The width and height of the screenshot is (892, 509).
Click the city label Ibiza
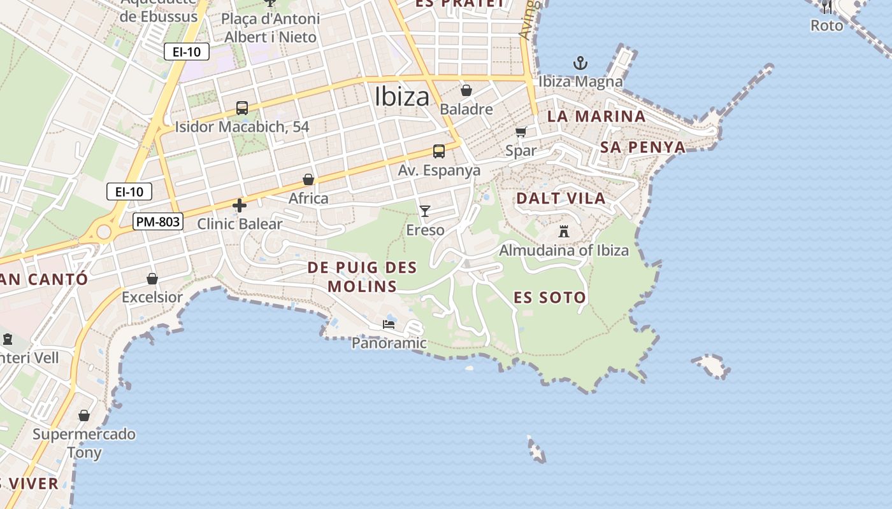(402, 97)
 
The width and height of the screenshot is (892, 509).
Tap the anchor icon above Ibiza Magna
(580, 63)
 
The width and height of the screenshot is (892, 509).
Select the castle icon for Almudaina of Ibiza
(564, 231)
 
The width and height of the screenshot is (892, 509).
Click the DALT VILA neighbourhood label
(561, 198)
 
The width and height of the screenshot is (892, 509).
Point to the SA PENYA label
(642, 148)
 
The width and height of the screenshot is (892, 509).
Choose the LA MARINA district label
(596, 116)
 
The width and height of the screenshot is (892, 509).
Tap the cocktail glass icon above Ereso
(425, 211)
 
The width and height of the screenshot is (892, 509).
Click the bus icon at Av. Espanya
(439, 151)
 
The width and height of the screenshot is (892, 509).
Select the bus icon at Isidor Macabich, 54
(242, 108)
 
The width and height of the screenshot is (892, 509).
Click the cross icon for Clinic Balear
(240, 206)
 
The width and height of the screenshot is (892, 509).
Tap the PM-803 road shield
(158, 222)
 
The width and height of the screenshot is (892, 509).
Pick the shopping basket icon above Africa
(308, 179)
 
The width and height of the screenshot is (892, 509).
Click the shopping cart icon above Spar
(521, 132)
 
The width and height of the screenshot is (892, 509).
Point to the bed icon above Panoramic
(389, 324)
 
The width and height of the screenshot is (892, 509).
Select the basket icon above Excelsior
(152, 279)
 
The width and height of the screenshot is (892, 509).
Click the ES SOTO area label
(550, 297)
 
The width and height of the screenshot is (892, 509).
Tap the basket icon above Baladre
(466, 90)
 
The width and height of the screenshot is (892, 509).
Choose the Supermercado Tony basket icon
(84, 415)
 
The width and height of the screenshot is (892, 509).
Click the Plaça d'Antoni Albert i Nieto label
(270, 28)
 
